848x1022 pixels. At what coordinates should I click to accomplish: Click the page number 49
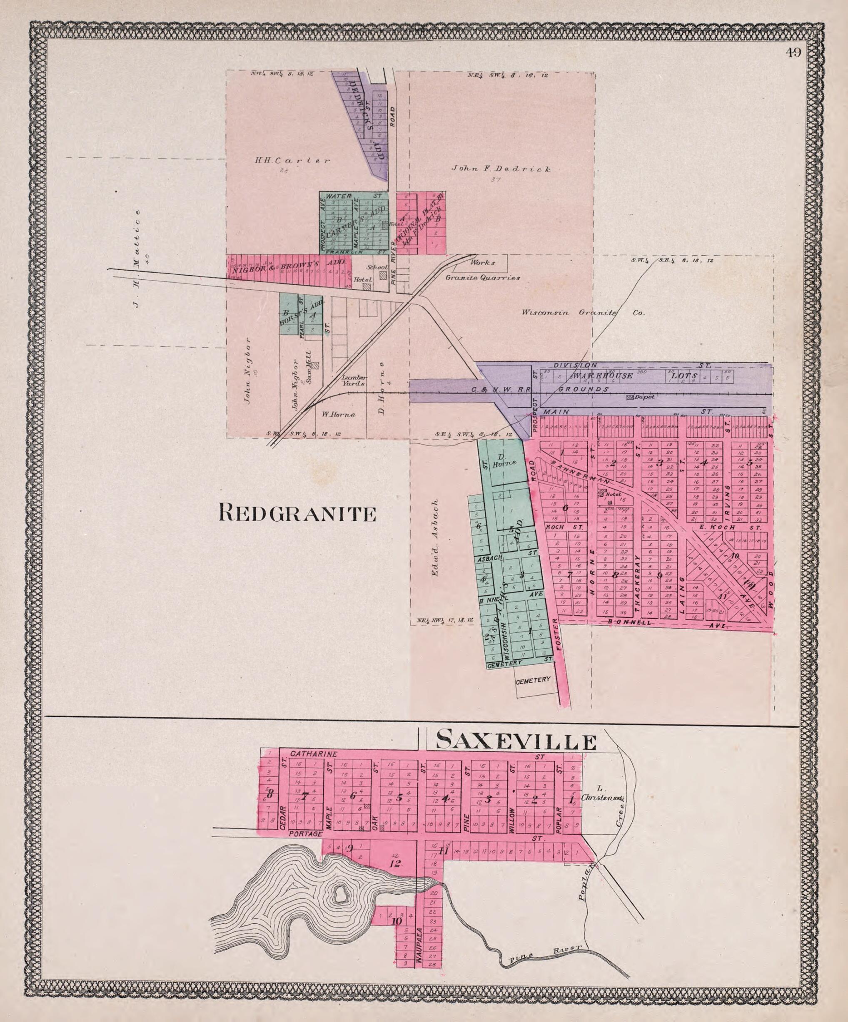(x=793, y=52)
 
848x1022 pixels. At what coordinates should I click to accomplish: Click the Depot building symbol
(x=631, y=398)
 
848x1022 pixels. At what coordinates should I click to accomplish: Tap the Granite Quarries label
(x=482, y=279)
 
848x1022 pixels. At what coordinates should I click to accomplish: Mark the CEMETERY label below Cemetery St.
(x=534, y=680)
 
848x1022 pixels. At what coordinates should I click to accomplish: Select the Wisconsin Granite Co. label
(x=583, y=313)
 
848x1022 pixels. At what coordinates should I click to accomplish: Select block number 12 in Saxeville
(x=395, y=864)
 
